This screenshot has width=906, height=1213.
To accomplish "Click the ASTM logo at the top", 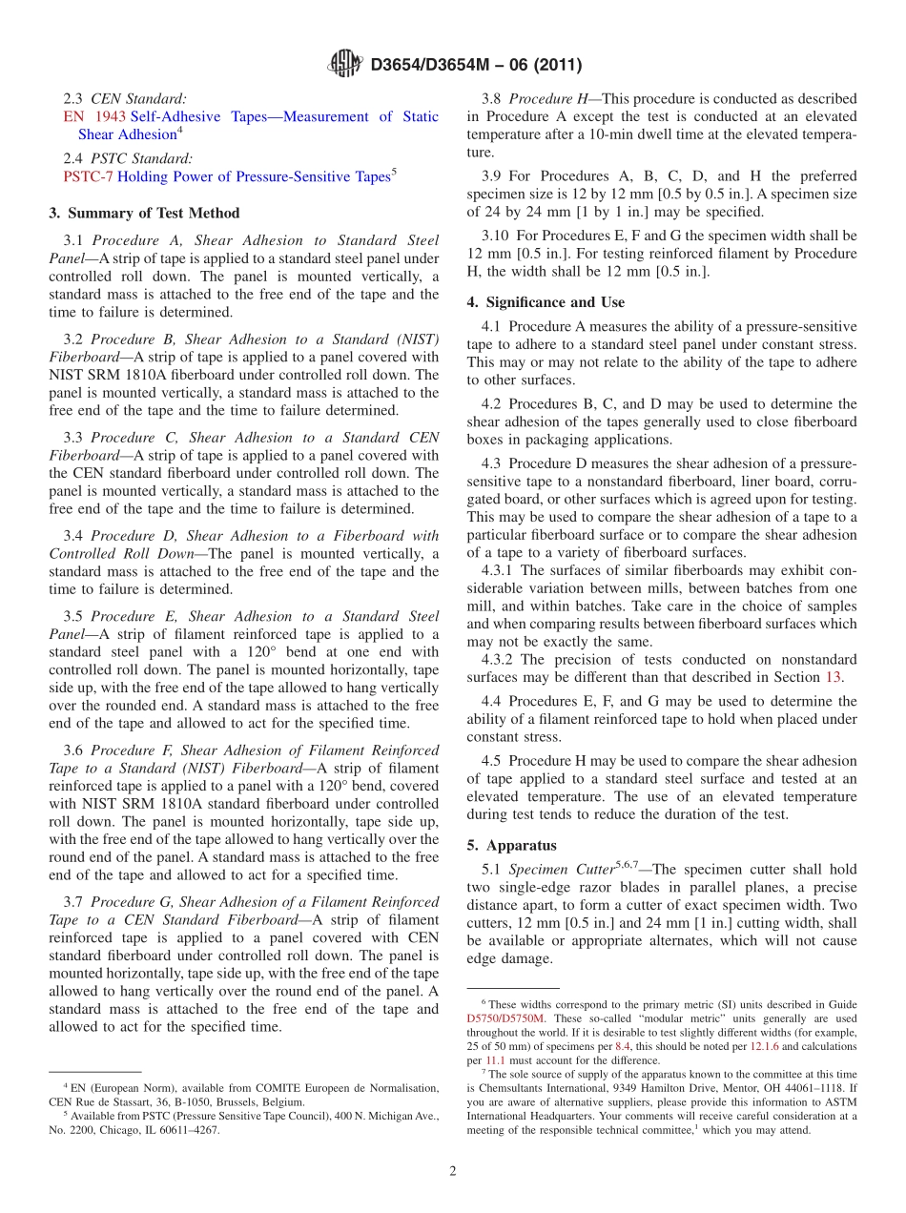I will pos(344,64).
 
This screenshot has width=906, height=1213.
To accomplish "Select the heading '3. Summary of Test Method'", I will pos(144,213).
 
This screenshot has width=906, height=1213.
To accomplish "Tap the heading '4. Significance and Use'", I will pos(546,302).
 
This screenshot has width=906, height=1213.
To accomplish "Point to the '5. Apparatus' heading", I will pos(511,845).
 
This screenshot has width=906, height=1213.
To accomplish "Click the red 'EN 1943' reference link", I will pos(94,116).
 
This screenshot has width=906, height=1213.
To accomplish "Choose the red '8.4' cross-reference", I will pos(623,1045).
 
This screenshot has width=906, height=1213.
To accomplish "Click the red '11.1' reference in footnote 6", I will pos(495,1059).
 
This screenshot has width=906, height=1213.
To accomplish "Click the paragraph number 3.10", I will pos(497,235).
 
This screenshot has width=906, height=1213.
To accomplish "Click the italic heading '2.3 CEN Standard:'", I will pos(124,98).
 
